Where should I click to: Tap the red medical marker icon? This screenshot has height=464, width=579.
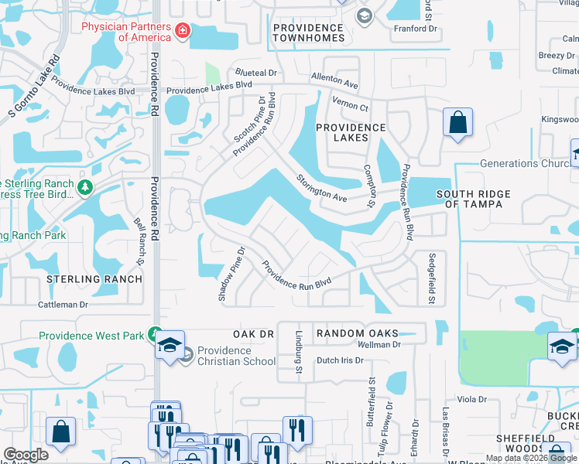click(x=183, y=32)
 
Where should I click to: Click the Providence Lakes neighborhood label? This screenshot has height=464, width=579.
click(x=351, y=133)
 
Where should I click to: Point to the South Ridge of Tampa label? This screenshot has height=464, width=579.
click(x=469, y=199)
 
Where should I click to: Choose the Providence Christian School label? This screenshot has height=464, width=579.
click(x=236, y=356)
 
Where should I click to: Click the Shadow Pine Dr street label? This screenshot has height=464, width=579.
click(x=231, y=274)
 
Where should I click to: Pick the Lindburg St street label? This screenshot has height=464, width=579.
click(x=299, y=354)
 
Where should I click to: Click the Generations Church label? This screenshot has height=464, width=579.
click(x=525, y=164)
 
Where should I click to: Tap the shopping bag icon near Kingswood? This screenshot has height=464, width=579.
click(x=457, y=122)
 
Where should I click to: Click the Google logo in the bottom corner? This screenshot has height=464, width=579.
click(x=26, y=455)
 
